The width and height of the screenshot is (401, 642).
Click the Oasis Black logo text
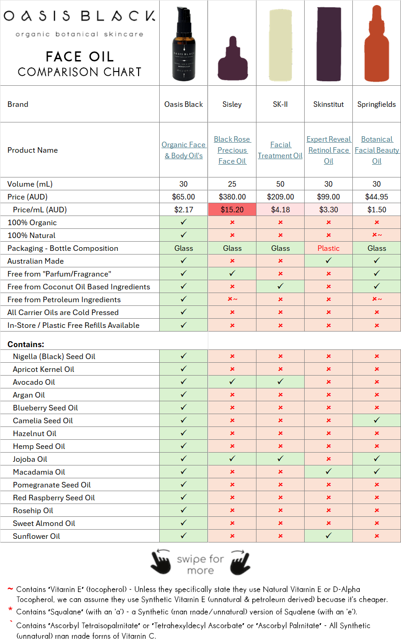pos(79,17)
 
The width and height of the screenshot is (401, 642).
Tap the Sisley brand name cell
pos(232,105)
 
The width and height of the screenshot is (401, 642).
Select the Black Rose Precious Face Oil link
pos(232,150)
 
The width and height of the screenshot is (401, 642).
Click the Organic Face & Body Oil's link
pos(184,150)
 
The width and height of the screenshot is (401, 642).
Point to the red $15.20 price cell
pos(232,210)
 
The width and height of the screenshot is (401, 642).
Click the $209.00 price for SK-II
pos(280,197)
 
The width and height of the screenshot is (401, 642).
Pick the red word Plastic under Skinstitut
pos(329,248)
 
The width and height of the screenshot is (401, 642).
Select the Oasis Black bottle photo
pos(184,45)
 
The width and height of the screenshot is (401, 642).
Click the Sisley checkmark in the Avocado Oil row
pos(232,382)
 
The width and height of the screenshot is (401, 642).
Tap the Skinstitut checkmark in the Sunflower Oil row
pos(329,536)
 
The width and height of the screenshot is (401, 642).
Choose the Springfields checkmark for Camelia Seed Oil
pos(377,420)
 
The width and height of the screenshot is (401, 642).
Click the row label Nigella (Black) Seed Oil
pos(54,356)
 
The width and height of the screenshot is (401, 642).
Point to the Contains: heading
pos(26,344)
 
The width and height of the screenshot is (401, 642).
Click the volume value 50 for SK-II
pos(280,184)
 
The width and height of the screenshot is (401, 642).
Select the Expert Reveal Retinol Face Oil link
pos(329,150)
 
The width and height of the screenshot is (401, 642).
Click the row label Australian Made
pos(36,261)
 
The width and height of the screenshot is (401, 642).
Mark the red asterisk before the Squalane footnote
pos(10,609)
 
